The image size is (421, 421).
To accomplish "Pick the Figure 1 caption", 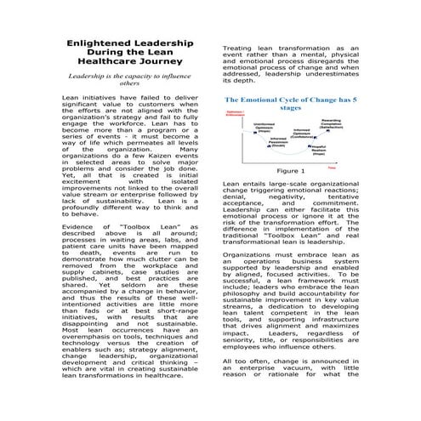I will [x=290, y=170].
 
